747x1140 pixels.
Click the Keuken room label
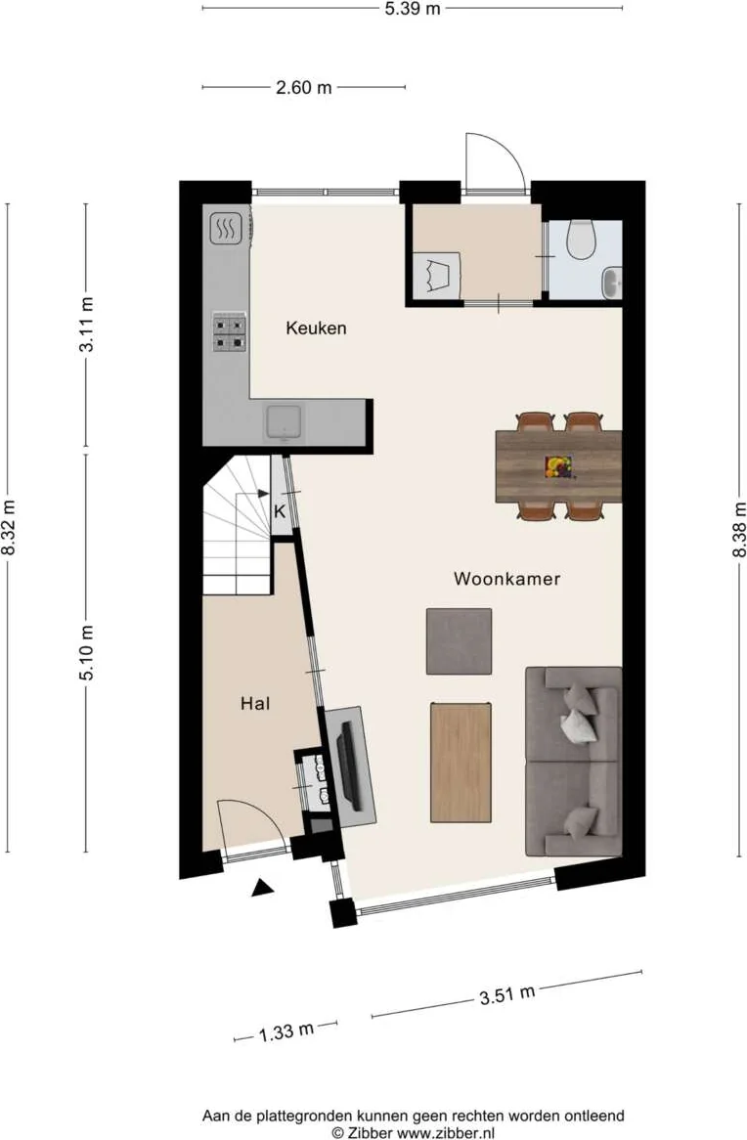click(316, 328)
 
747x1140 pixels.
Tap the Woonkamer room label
click(507, 579)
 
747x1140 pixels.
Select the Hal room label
click(255, 703)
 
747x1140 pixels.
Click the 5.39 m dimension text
click(413, 9)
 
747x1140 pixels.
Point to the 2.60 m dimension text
click(303, 88)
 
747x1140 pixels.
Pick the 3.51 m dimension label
click(507, 994)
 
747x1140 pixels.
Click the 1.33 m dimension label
click(286, 1031)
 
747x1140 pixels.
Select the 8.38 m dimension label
click(739, 530)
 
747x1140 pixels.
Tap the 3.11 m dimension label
click(87, 325)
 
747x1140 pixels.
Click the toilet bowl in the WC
click(581, 240)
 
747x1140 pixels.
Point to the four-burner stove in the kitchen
click(229, 332)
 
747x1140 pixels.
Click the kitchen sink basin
click(284, 422)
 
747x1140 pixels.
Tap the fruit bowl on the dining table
click(558, 466)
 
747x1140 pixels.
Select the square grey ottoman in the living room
click(459, 641)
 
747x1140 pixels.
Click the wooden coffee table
click(461, 762)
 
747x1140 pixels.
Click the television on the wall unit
click(348, 766)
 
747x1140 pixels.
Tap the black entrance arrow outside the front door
click(263, 887)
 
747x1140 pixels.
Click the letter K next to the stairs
click(280, 511)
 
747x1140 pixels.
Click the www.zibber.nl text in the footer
click(445, 1132)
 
